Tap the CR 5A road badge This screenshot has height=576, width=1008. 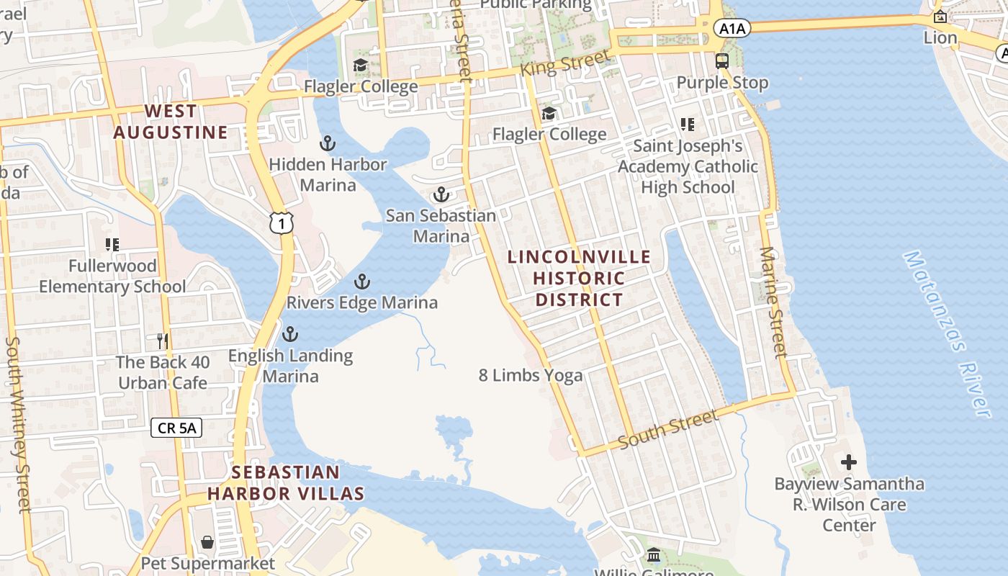click(x=176, y=428)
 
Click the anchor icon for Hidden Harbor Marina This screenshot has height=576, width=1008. click(x=328, y=143)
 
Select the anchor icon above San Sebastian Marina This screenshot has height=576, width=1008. click(x=440, y=194)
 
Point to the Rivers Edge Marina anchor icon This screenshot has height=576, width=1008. click(x=361, y=282)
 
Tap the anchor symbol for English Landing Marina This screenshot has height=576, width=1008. click(x=289, y=334)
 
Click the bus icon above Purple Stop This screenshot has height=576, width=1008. click(x=722, y=61)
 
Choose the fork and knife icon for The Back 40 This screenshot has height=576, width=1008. click(x=163, y=341)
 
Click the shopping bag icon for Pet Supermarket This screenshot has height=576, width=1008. click(x=207, y=541)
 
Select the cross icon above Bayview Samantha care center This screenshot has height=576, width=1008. click(x=849, y=462)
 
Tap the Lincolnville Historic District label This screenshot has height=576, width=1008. click(x=579, y=278)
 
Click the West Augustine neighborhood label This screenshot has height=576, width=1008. click(x=171, y=122)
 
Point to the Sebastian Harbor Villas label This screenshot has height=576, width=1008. click(x=286, y=482)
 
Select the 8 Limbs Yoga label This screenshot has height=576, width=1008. click(x=531, y=375)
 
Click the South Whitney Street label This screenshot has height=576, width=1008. click(x=19, y=425)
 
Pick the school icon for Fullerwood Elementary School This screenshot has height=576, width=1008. click(x=112, y=245)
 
